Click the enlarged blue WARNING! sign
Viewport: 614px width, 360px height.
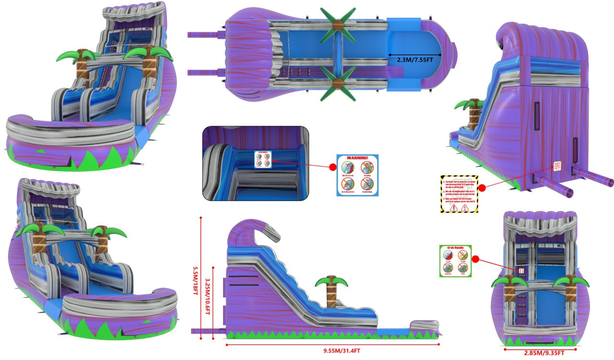[357, 175]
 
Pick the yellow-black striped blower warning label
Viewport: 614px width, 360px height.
[460, 194]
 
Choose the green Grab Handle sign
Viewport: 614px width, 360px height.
[456, 261]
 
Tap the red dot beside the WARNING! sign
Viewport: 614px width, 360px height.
[332, 168]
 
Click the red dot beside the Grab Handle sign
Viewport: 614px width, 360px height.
[476, 259]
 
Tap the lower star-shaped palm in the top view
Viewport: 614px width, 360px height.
[338, 85]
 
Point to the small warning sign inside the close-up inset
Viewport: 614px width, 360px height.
[262, 160]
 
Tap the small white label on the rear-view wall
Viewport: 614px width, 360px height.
[557, 166]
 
